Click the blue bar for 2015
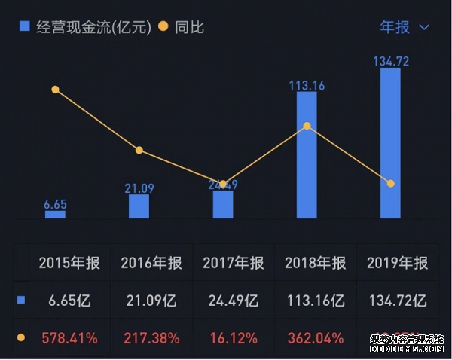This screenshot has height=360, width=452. [x=55, y=215]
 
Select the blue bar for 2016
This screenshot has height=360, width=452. [x=139, y=206]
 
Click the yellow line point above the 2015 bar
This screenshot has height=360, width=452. [x=55, y=90]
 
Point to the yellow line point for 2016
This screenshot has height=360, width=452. [x=139, y=151]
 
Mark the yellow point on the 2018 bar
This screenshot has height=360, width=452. [x=307, y=126]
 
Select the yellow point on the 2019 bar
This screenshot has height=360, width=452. [x=390, y=184]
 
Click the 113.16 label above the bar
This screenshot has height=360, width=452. [x=307, y=86]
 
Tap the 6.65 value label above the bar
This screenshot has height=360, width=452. [x=55, y=204]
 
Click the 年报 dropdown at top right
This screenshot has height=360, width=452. [x=404, y=27]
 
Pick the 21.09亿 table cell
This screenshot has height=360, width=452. [x=151, y=301]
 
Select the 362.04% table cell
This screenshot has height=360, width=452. [x=316, y=338]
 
